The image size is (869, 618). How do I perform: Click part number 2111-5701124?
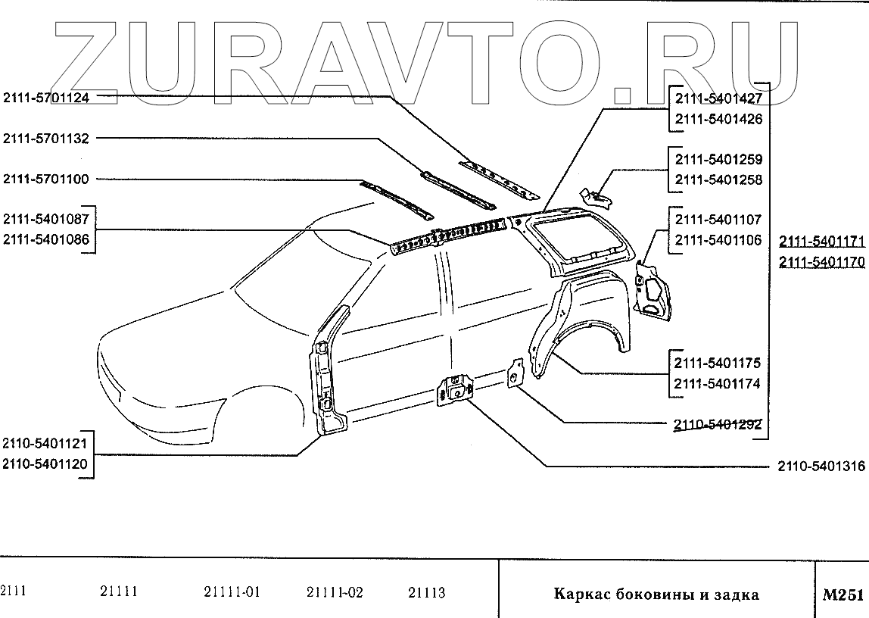tap(46, 97)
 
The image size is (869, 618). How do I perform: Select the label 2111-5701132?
tap(46, 139)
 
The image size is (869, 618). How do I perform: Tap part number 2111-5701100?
tap(46, 179)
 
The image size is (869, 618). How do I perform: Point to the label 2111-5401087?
tap(46, 220)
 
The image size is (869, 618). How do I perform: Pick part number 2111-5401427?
tap(718, 98)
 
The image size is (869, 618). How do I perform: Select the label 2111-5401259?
tap(718, 160)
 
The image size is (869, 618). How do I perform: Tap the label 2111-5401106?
tap(718, 240)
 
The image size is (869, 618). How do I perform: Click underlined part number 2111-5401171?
tap(821, 242)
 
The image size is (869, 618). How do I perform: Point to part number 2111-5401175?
tap(718, 364)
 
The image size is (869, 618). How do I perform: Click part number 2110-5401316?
tap(821, 467)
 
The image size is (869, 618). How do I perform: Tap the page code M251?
tap(842, 595)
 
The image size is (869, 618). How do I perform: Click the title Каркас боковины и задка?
tap(656, 595)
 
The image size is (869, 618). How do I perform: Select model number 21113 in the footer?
tap(427, 592)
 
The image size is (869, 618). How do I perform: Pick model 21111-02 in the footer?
tap(335, 592)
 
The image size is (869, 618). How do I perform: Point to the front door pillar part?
tap(327, 371)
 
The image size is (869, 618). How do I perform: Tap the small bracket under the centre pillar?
tap(456, 388)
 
